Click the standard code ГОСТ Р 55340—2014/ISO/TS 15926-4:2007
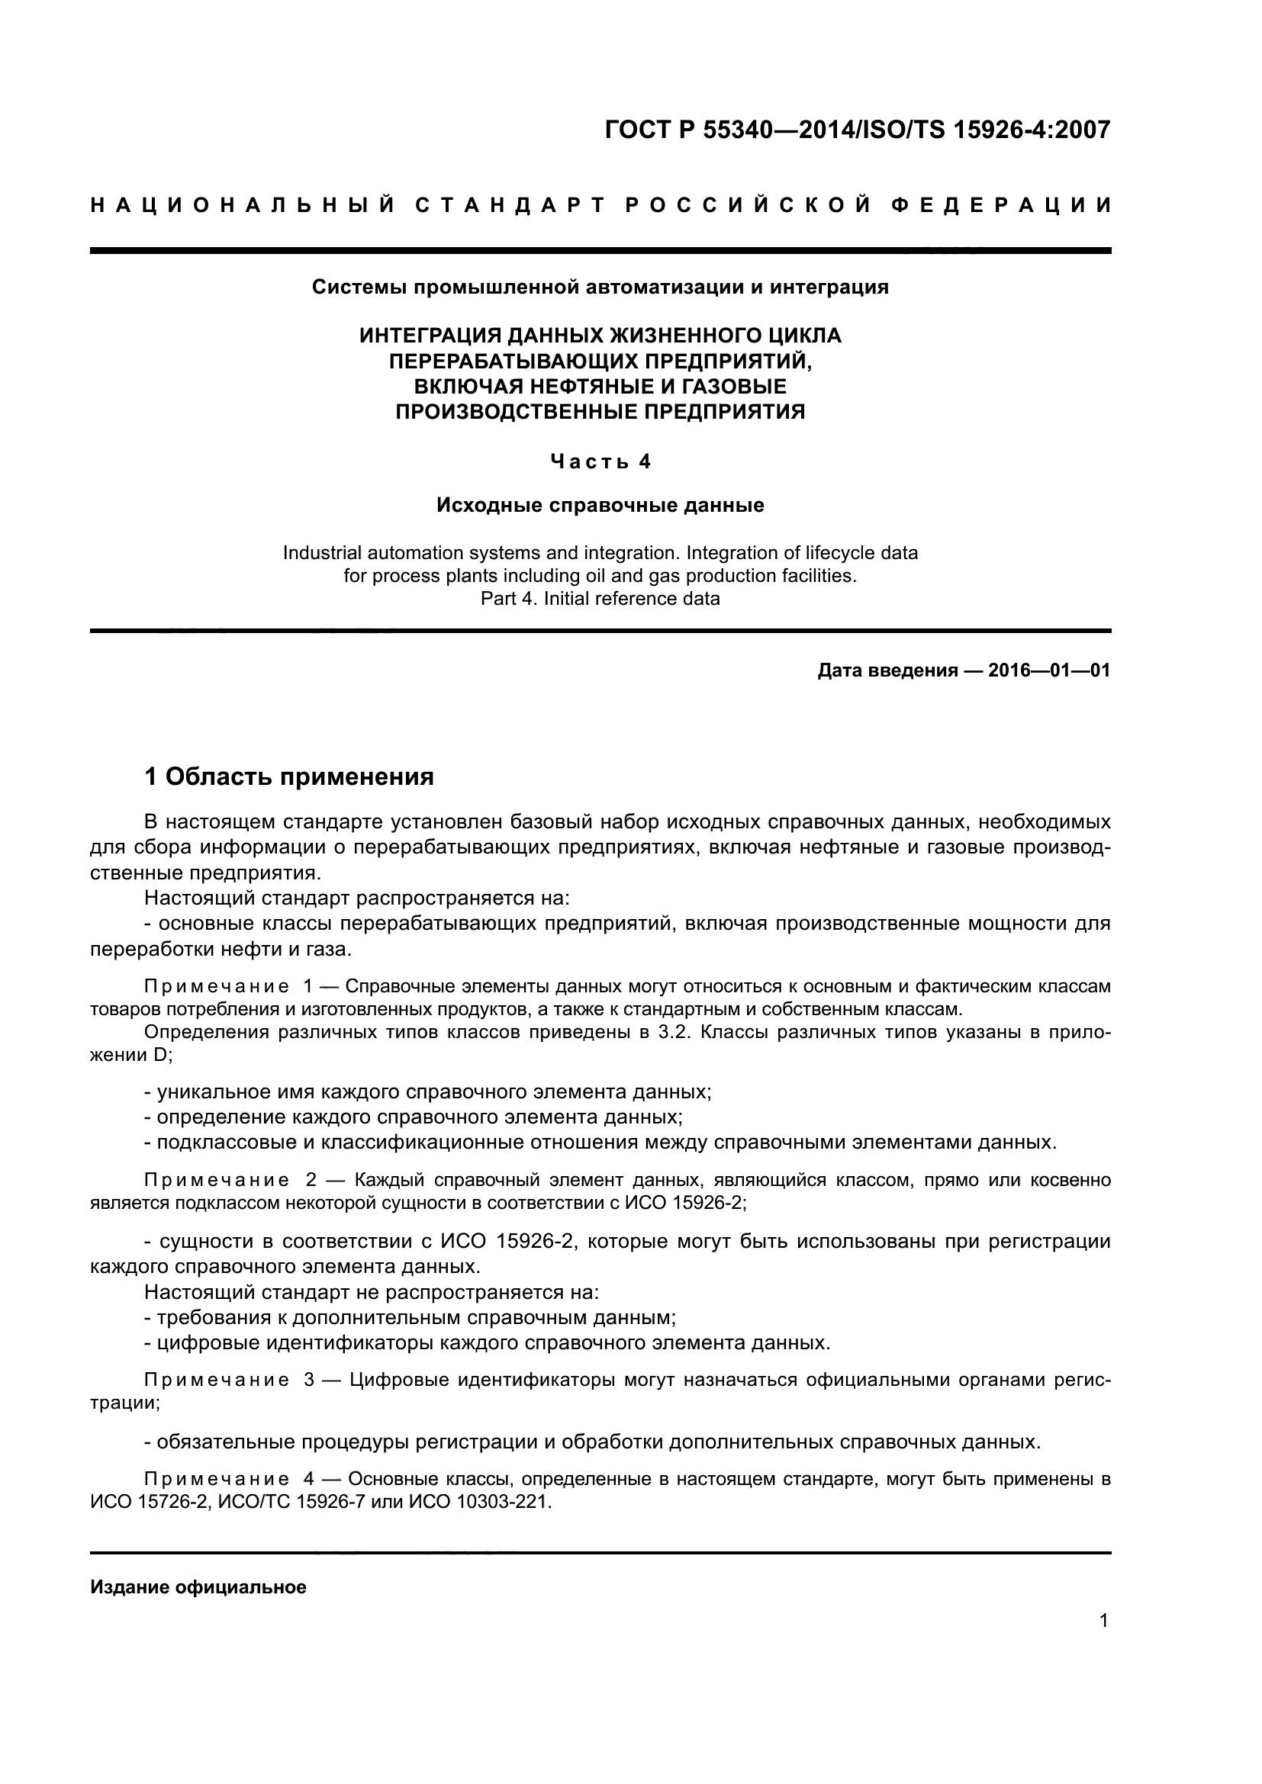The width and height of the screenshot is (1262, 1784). coord(857,130)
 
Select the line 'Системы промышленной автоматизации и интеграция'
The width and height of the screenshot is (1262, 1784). coord(600,288)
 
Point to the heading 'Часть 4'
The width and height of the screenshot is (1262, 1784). coord(600,461)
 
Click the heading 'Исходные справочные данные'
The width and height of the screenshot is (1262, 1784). coord(600,506)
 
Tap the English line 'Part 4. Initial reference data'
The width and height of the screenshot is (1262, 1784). coord(600,598)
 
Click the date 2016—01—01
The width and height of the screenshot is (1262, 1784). coord(1048,670)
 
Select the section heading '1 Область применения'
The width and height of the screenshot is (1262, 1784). coord(289,776)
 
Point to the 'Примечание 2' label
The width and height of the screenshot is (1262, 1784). coord(230,1180)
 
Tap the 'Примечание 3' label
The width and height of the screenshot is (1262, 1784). coord(228,1380)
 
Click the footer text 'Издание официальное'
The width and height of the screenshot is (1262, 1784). coord(198,1586)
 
